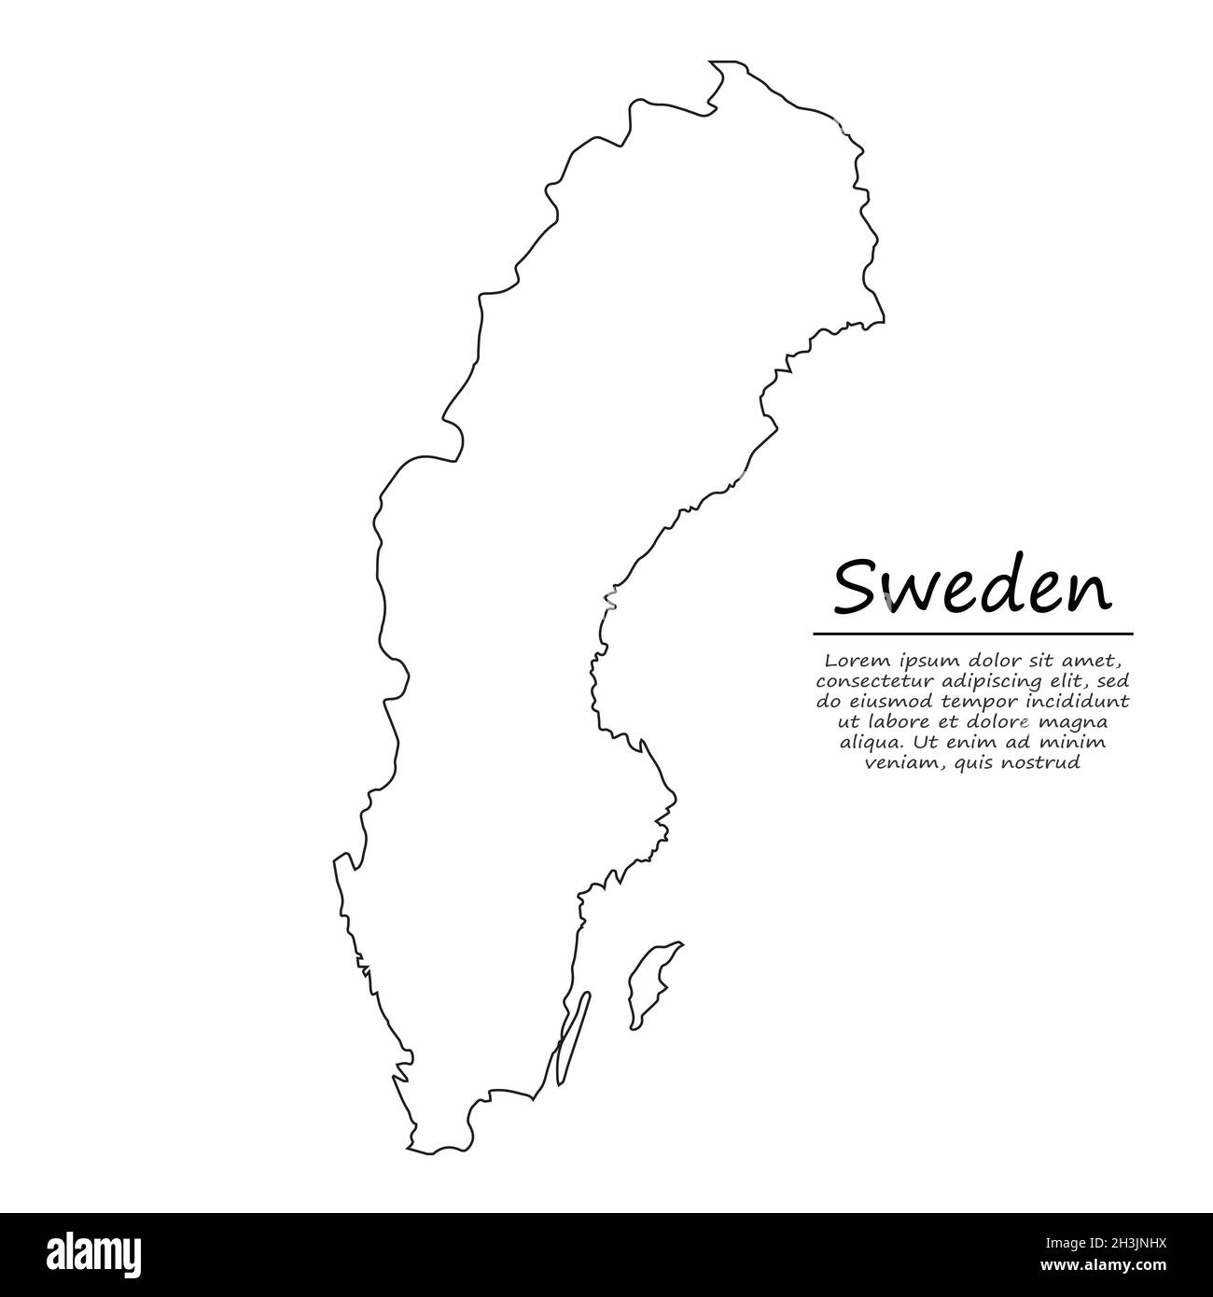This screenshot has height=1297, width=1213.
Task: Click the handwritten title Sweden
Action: (x=972, y=589)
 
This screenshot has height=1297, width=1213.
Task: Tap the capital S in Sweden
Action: (x=855, y=589)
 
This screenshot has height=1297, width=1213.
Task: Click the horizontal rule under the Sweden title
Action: (x=972, y=634)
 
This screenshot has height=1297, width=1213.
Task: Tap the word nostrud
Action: (x=1045, y=763)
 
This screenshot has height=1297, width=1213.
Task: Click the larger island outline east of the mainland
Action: (x=653, y=984)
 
